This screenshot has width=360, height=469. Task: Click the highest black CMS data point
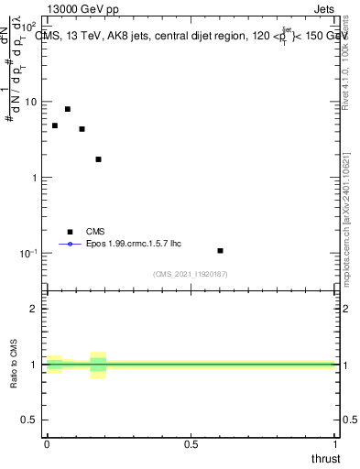tap(68, 109)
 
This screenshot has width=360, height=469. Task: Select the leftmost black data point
tap(55, 125)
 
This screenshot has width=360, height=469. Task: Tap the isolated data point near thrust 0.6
tap(221, 250)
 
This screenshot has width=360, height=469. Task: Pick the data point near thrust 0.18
tap(98, 159)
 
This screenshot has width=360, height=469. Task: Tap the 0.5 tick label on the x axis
tap(191, 444)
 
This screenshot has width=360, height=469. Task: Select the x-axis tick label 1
tap(334, 444)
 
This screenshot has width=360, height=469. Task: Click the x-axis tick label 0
tap(47, 444)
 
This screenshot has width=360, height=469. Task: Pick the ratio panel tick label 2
tap(35, 309)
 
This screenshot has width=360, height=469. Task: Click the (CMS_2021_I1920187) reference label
tap(191, 274)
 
